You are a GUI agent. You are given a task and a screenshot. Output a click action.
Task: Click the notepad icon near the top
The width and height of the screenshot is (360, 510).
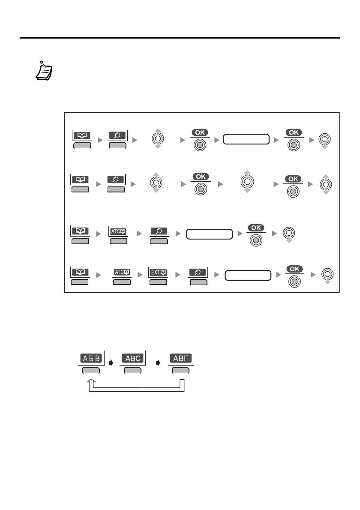tap(43, 71)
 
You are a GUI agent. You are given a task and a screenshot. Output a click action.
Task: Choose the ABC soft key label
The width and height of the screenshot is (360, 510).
tap(132, 358)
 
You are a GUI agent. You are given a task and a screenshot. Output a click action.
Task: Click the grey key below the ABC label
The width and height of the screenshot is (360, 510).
tap(132, 371)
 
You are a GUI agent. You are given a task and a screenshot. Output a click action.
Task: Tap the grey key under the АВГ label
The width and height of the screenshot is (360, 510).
tap(180, 371)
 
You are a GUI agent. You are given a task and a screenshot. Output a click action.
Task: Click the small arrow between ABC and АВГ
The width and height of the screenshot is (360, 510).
tap(158, 363)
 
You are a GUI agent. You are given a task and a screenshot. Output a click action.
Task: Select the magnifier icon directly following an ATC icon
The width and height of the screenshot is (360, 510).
tap(159, 231)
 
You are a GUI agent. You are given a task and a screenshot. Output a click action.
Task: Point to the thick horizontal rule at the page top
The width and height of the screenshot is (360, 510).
tap(180, 38)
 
